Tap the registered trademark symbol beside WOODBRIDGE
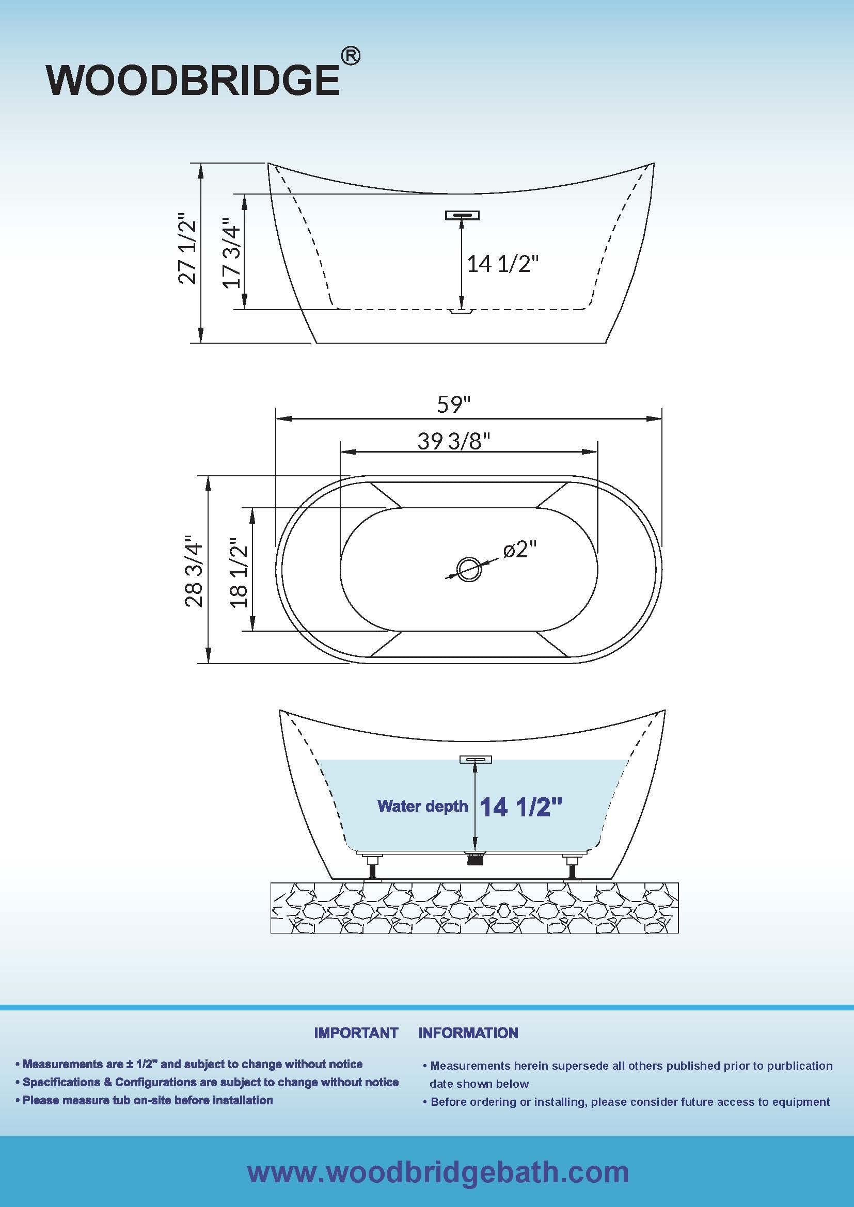[x=351, y=56]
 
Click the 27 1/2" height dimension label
[x=187, y=248]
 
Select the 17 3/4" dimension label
[x=231, y=253]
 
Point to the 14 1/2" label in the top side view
[x=503, y=263]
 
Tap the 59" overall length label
[x=453, y=404]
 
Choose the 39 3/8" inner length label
[x=454, y=441]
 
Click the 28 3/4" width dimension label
[x=193, y=571]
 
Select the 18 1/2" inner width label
[x=238, y=573]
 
